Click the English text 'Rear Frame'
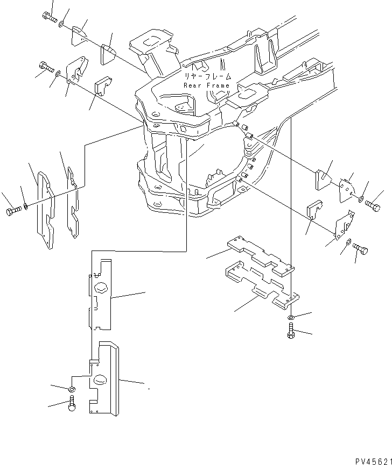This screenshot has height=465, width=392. (x=206, y=85)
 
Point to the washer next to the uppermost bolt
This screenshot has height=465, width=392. (x=62, y=24)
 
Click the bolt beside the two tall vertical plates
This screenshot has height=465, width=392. (x=12, y=210)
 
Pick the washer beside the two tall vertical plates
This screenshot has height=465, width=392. (x=26, y=207)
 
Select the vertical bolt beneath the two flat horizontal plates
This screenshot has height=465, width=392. (x=291, y=333)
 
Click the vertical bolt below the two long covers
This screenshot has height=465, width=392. (x=72, y=403)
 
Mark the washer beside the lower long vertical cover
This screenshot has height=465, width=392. (x=72, y=388)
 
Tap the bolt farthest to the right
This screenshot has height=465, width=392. (x=372, y=205)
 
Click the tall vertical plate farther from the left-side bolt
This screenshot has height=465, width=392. (x=72, y=199)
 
